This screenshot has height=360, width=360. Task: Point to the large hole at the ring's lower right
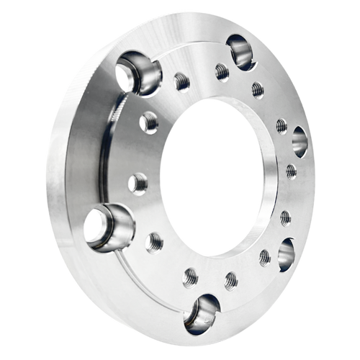point(286,253)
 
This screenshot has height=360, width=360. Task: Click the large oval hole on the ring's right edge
point(300,141)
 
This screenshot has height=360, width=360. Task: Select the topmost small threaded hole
point(221,71)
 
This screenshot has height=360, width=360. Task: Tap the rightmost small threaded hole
point(291,171)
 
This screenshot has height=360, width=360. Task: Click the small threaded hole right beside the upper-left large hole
point(181,81)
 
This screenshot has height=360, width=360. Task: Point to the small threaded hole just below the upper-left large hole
point(149,122)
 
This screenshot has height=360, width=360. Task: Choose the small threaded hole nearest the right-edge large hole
point(281,127)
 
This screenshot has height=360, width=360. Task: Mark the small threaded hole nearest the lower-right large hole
point(265,256)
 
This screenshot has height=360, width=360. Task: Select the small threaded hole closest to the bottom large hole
point(191,275)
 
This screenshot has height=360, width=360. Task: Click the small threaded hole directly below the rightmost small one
point(285,217)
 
